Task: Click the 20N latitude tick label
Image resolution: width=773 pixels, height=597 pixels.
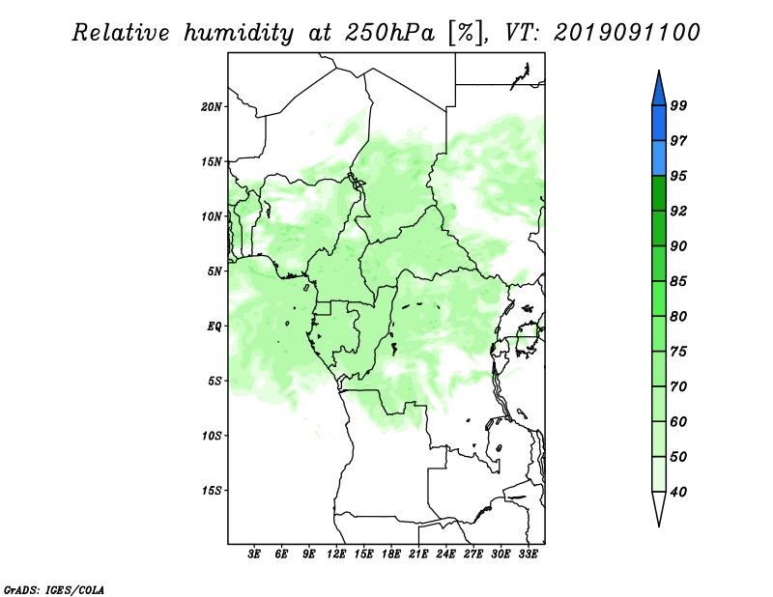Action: (212, 106)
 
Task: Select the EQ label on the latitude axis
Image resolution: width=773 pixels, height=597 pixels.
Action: (214, 326)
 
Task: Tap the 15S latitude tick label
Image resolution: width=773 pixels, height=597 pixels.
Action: (212, 491)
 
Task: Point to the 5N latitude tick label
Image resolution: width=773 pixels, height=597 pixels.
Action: (214, 271)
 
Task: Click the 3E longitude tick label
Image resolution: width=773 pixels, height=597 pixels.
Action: (255, 555)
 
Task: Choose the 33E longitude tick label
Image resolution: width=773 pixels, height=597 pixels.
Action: (528, 555)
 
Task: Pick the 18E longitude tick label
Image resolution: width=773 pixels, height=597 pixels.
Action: (391, 555)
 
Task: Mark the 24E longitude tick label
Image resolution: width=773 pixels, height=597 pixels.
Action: (445, 555)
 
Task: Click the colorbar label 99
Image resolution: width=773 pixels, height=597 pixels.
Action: (678, 106)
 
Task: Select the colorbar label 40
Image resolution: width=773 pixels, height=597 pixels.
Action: (678, 492)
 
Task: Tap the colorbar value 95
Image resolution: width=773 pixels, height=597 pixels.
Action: (678, 176)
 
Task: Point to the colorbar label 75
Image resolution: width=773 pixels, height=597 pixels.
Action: (678, 352)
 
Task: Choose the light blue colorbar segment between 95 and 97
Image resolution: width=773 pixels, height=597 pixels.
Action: (658, 158)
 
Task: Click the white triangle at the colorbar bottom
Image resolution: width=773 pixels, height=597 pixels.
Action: (658, 508)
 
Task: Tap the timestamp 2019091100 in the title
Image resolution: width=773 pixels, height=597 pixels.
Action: (627, 33)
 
